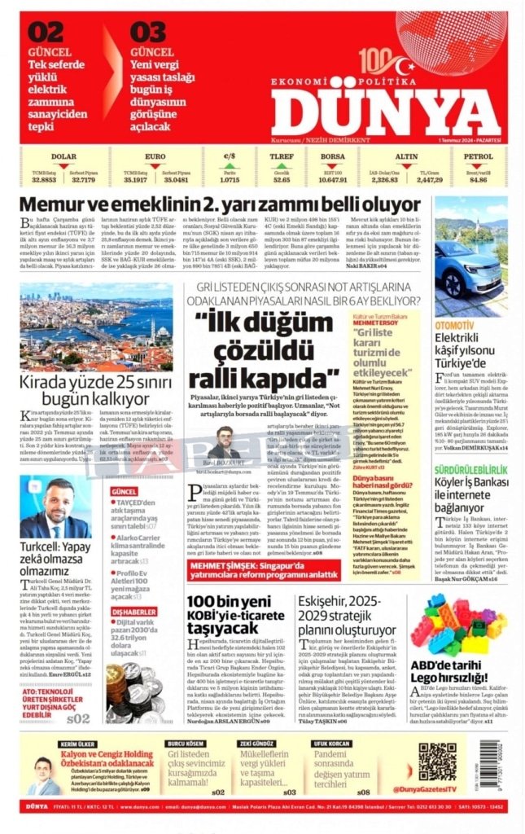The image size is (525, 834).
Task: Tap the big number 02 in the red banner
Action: (x=45, y=33)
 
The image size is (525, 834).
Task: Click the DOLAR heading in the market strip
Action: (x=63, y=156)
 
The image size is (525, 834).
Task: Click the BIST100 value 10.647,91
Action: (x=332, y=179)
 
